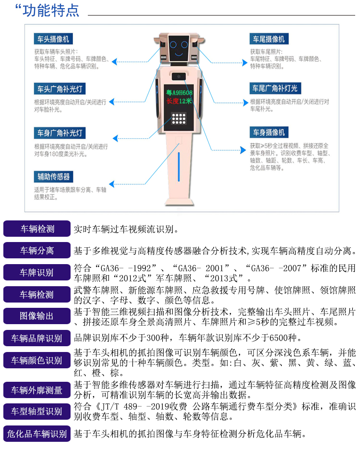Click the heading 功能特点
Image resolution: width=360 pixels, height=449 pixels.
point(51,11)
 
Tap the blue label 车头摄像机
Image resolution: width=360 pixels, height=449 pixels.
point(53,39)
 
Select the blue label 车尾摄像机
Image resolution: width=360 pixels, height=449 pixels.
point(269,39)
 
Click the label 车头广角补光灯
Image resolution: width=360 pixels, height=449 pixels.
point(60,89)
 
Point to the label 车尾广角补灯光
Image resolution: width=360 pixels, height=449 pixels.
point(275,88)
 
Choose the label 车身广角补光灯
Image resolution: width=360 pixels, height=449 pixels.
point(60,133)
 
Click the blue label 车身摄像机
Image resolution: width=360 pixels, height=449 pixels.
point(269,132)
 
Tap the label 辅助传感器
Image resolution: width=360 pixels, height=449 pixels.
point(53,177)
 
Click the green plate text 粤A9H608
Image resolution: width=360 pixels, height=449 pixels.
point(179,93)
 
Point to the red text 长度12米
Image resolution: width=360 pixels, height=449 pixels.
point(179,101)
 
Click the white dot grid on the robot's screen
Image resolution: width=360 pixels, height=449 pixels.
point(179,118)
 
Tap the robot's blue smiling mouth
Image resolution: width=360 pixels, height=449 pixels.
point(179,54)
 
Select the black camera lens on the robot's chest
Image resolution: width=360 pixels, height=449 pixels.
point(179,76)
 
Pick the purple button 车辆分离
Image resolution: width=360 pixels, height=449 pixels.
point(37,250)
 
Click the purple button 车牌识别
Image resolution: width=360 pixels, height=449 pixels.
point(37,272)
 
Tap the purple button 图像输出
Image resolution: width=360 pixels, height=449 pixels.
point(37,316)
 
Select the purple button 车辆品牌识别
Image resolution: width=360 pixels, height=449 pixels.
point(37,338)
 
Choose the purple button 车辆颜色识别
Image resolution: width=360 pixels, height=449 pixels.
point(37,360)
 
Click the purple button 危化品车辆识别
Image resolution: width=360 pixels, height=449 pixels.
point(37,434)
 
